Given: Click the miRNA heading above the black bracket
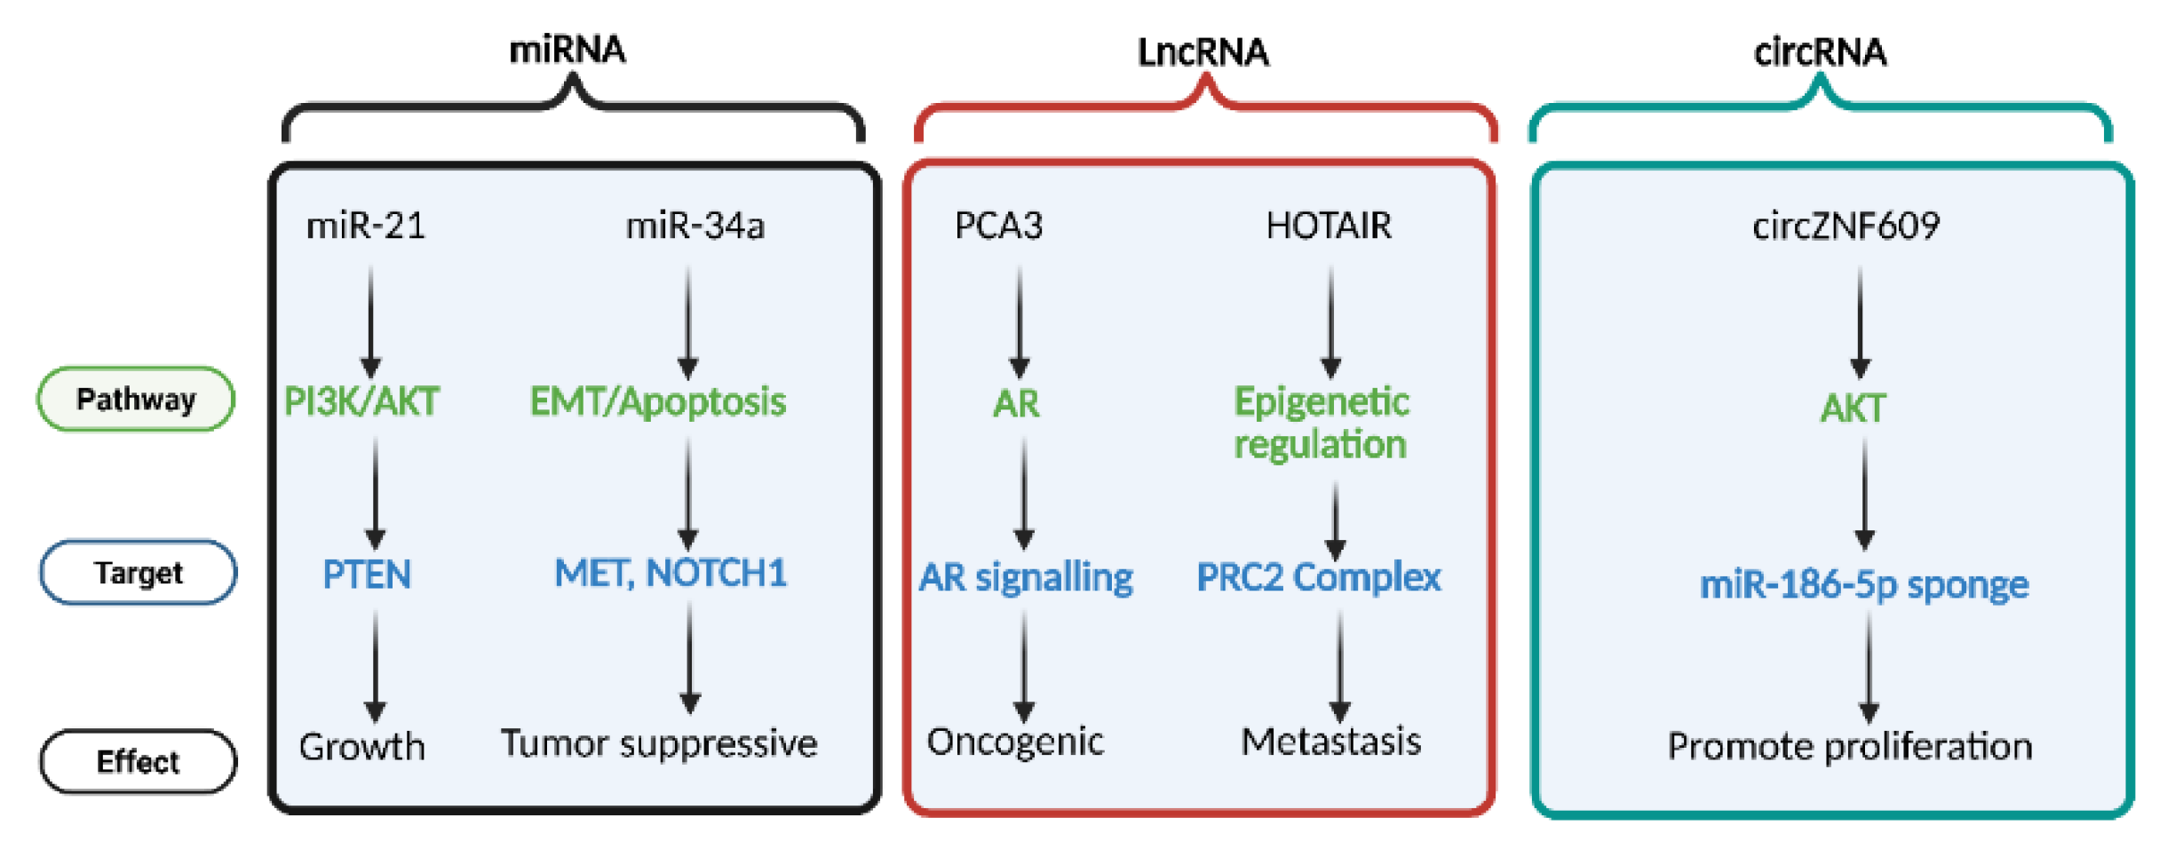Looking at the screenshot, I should tap(567, 50).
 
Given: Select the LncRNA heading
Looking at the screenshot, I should tap(1203, 52).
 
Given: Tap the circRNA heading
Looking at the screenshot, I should tap(1819, 52).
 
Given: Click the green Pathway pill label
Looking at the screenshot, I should tap(136, 400).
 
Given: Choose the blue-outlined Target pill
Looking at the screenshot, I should tap(139, 573).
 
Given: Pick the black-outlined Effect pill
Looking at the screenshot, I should tap(139, 762).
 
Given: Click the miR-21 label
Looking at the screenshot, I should tap(366, 226).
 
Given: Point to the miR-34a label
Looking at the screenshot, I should tap(695, 226).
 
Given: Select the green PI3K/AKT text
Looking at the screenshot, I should tap(361, 401).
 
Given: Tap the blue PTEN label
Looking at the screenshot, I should tap(367, 575).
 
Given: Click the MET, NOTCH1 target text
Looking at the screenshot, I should tap(671, 573).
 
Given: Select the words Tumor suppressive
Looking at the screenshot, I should tap(659, 743).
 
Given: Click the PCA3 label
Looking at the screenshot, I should tap(998, 226).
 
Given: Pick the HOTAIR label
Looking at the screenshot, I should tap(1329, 226).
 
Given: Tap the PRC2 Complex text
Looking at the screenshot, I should tap(1318, 577).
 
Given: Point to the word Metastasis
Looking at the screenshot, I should tap(1330, 742).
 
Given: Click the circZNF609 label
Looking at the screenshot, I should tap(1846, 226).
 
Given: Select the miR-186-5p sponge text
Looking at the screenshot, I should tap(1863, 584).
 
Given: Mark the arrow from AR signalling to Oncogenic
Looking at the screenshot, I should tap(1024, 666).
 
